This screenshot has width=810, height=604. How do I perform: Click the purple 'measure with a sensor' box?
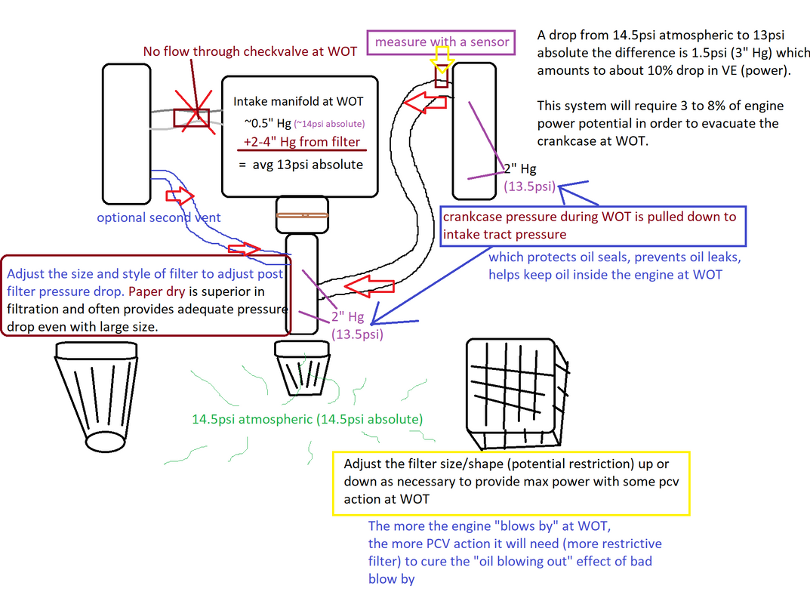pyautogui.click(x=441, y=42)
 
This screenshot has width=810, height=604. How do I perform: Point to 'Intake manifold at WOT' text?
pyautogui.click(x=298, y=101)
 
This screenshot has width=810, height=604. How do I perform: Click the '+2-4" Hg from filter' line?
pyautogui.click(x=303, y=142)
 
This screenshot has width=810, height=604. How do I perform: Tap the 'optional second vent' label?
pyautogui.click(x=159, y=217)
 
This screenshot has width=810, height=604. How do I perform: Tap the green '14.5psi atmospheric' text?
pyautogui.click(x=307, y=419)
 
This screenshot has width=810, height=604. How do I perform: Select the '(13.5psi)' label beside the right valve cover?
pyautogui.click(x=530, y=186)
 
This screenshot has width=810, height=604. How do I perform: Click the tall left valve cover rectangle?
pyautogui.click(x=126, y=134)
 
